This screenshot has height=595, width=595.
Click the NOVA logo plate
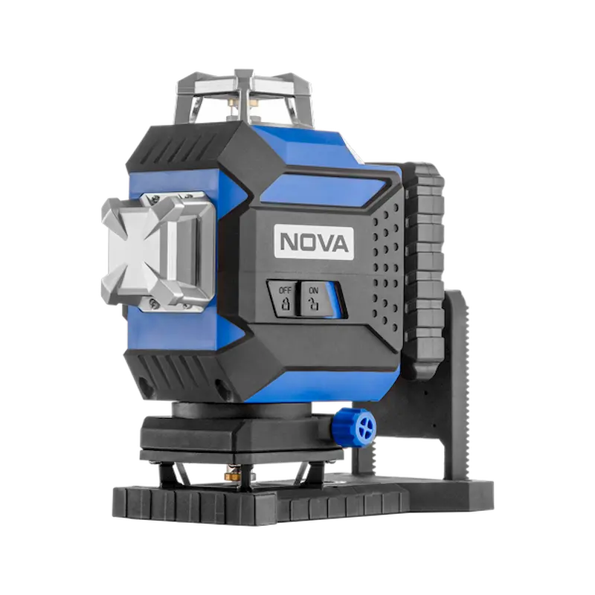pos(314,243)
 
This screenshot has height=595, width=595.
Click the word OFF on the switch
pos(285,290)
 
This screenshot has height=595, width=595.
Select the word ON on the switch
pos(313,291)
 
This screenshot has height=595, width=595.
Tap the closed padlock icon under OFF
pos(286,304)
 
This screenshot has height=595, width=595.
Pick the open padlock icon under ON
pos(313,304)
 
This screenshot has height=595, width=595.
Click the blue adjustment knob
pos(357,425)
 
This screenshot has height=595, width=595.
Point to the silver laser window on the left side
pos(157,252)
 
